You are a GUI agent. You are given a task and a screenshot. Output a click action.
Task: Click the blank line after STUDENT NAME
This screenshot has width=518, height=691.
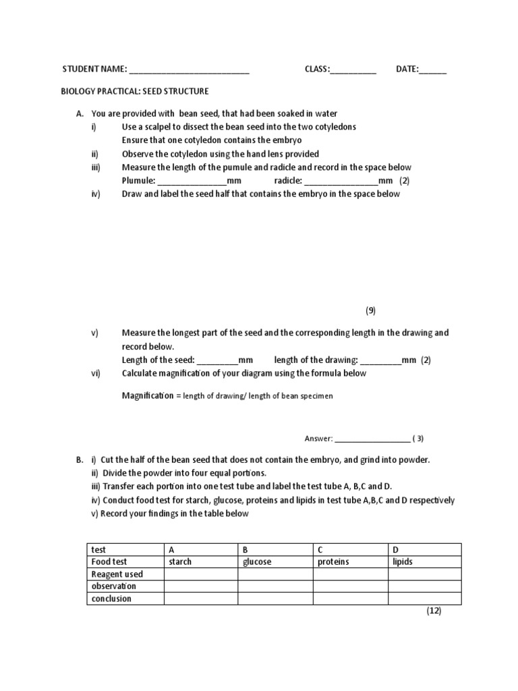[x=189, y=70]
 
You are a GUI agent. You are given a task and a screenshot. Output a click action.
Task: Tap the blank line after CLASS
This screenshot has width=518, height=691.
[x=353, y=70]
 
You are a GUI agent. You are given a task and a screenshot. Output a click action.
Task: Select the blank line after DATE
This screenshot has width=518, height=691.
[x=433, y=70]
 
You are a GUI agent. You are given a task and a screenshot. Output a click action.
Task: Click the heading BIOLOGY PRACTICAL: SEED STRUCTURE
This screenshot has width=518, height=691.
[x=136, y=91]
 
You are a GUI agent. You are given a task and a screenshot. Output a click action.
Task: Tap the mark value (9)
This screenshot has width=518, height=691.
[x=370, y=310]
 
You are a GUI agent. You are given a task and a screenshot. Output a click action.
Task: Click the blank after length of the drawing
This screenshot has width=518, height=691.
[x=381, y=360]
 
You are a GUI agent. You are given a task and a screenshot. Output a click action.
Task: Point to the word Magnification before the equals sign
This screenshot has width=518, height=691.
[x=147, y=395]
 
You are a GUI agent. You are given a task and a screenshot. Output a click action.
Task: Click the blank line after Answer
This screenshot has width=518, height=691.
[x=372, y=439]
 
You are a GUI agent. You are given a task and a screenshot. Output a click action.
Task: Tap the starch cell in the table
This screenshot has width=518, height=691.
[x=200, y=561]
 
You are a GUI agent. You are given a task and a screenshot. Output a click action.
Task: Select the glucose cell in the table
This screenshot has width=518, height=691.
[x=275, y=561]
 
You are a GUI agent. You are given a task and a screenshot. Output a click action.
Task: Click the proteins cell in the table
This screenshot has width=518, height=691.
[x=350, y=561]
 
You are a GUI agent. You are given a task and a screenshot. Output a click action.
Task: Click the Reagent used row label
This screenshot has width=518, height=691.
[x=117, y=574]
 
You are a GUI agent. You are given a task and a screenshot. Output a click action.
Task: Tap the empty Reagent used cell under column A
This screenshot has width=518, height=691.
[x=200, y=574]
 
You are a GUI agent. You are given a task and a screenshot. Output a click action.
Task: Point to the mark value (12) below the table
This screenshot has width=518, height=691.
[x=433, y=611]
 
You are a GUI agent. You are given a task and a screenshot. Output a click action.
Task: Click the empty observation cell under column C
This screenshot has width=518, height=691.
[x=350, y=586]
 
